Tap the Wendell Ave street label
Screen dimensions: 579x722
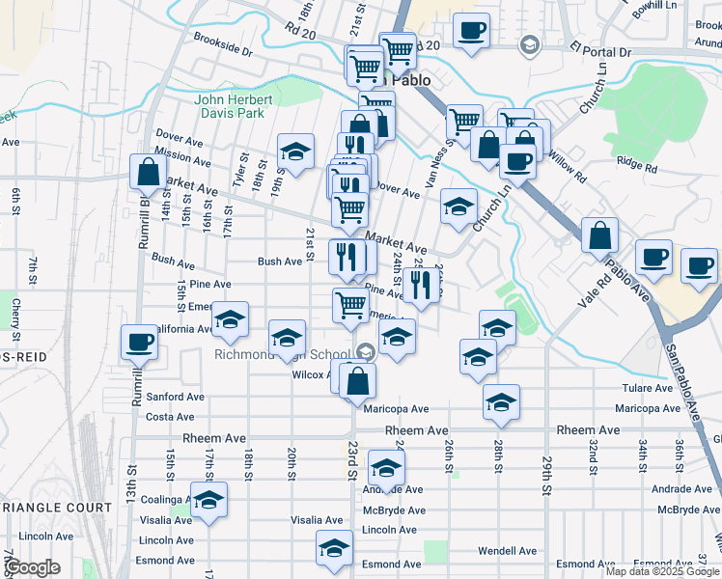tap(505, 550)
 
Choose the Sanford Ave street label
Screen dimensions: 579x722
tap(175, 397)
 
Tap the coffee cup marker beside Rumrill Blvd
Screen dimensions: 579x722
tap(140, 342)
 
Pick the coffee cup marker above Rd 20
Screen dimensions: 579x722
tap(471, 29)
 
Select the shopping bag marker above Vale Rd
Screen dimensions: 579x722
tap(600, 234)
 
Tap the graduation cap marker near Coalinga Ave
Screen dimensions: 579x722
tap(208, 499)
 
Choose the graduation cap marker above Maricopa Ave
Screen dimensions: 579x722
tap(501, 400)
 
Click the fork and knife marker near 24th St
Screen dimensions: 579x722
tap(420, 282)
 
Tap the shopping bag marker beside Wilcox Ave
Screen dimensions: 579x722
tap(357, 379)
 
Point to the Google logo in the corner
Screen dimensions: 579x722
tap(33, 567)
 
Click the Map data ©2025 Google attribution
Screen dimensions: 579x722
tap(661, 571)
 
